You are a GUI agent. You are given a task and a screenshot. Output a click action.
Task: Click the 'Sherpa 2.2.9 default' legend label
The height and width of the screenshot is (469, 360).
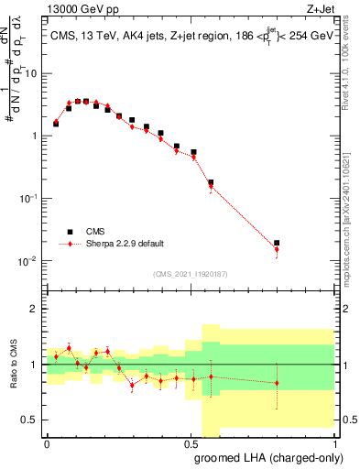pos(125,244)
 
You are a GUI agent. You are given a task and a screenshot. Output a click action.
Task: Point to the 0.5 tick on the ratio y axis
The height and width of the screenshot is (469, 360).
pos(31,420)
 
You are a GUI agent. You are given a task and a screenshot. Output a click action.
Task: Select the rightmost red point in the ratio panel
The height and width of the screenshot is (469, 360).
pos(277,383)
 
